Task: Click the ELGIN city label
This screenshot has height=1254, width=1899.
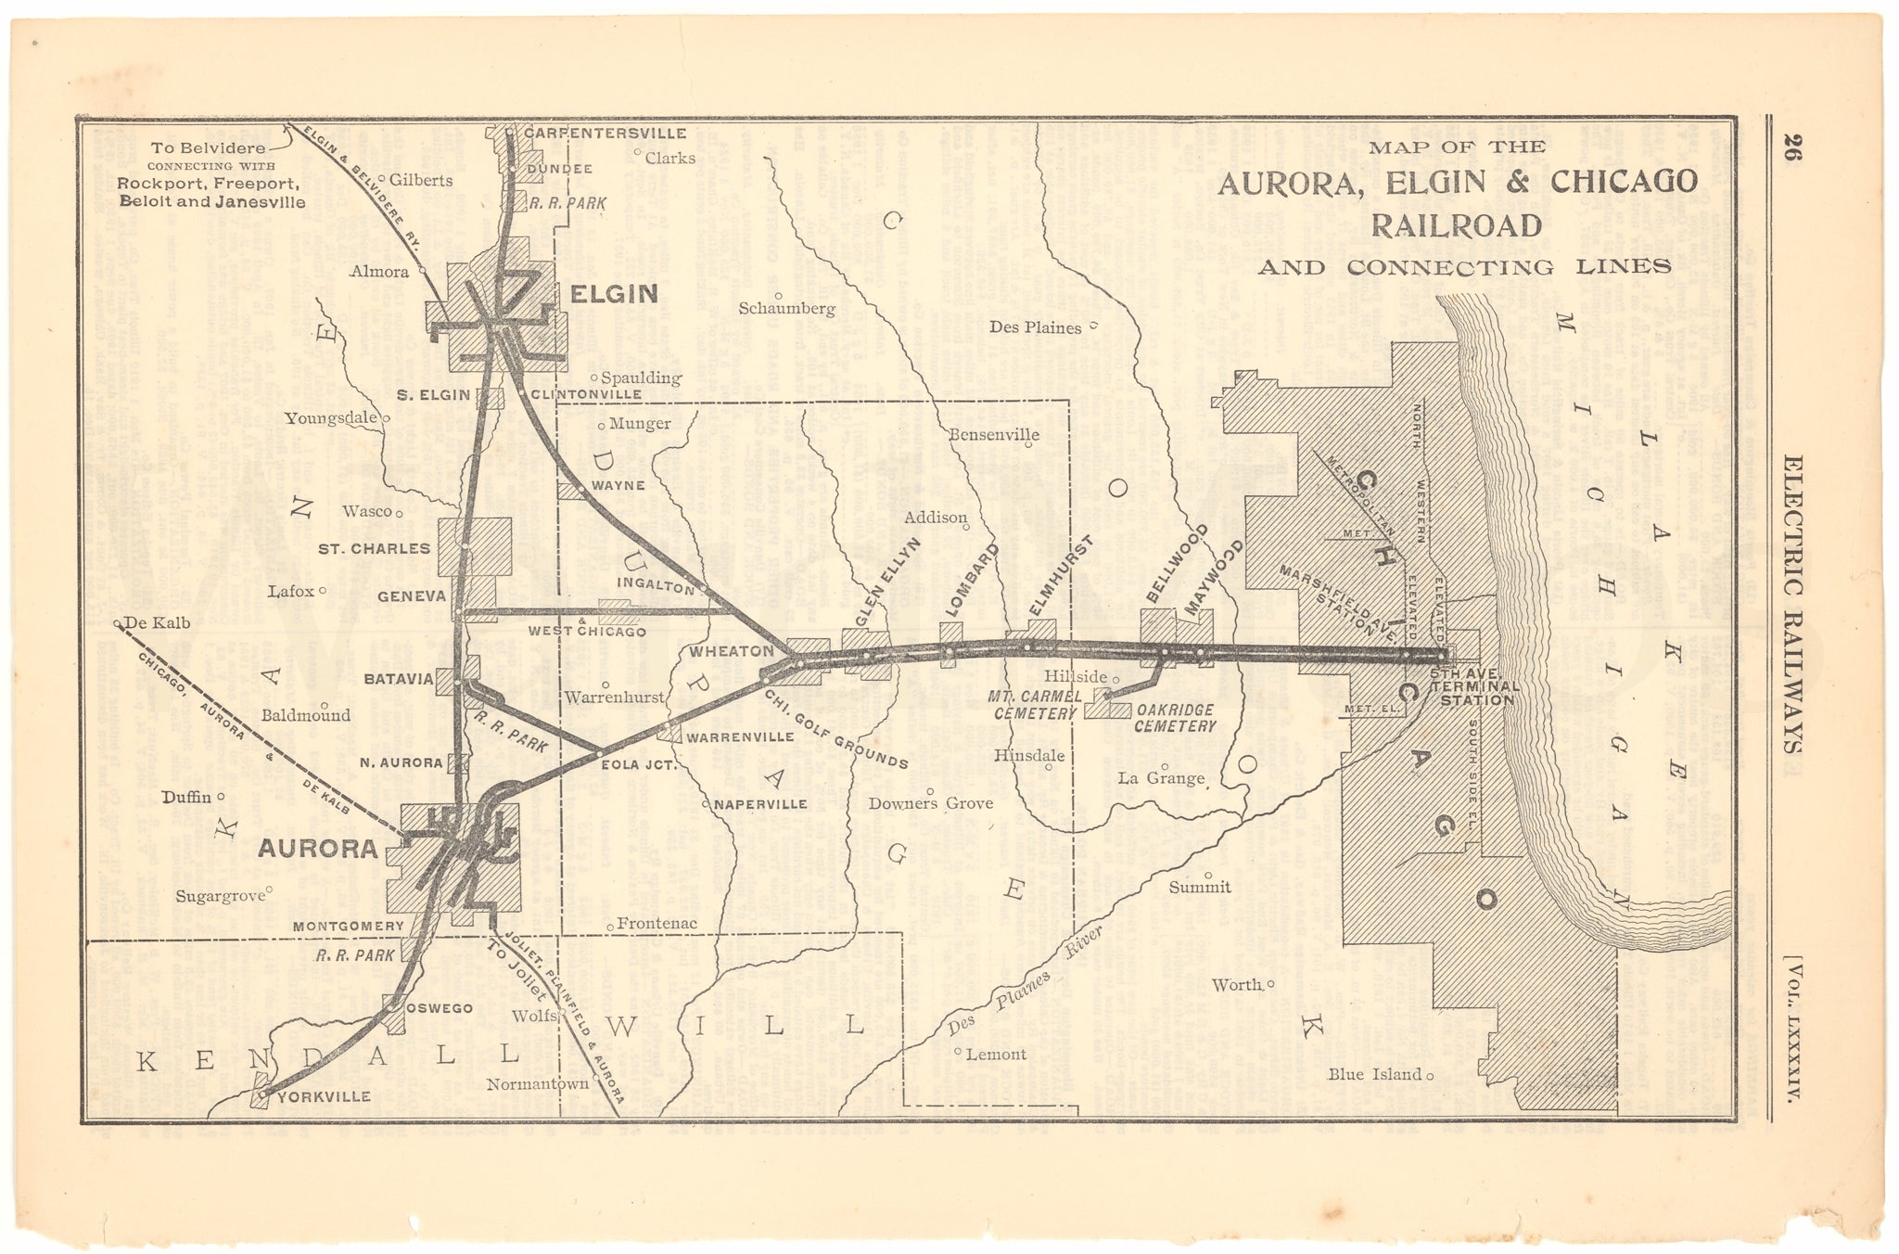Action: pyautogui.click(x=613, y=295)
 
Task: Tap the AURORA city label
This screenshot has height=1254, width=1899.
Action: pyautogui.click(x=318, y=848)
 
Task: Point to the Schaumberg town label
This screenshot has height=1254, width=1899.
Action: pyautogui.click(x=787, y=309)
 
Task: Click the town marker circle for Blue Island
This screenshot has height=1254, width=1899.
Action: pyautogui.click(x=1431, y=1076)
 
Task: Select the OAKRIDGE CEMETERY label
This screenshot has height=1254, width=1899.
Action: pyautogui.click(x=1175, y=719)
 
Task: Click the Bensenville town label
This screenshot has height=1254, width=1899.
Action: pyautogui.click(x=994, y=434)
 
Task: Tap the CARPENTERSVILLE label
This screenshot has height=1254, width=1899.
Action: pyautogui.click(x=605, y=134)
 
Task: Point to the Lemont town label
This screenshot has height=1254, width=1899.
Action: pyautogui.click(x=996, y=1054)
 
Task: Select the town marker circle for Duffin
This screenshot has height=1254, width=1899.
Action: pyautogui.click(x=222, y=796)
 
